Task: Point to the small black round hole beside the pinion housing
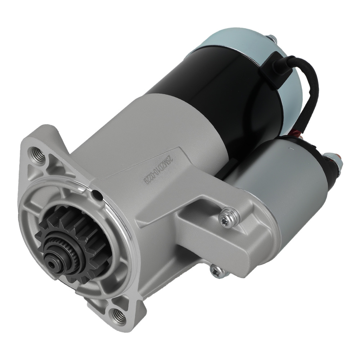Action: [96, 195]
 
